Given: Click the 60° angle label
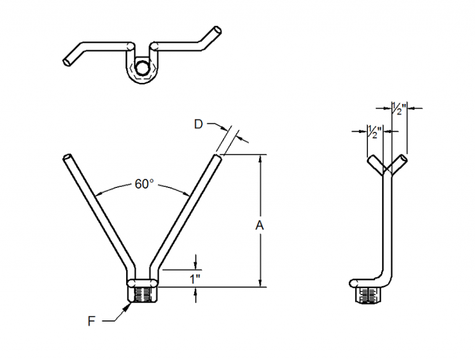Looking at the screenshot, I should coord(143,184).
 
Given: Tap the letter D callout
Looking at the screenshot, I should coord(198,125).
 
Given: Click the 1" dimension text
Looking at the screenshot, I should coord(196,278).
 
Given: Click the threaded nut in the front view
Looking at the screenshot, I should coord(143,294).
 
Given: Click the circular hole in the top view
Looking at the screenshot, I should coord(143,68).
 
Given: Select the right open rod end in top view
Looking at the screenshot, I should coord(217,30).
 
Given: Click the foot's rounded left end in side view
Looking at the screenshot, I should coord(354,283).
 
